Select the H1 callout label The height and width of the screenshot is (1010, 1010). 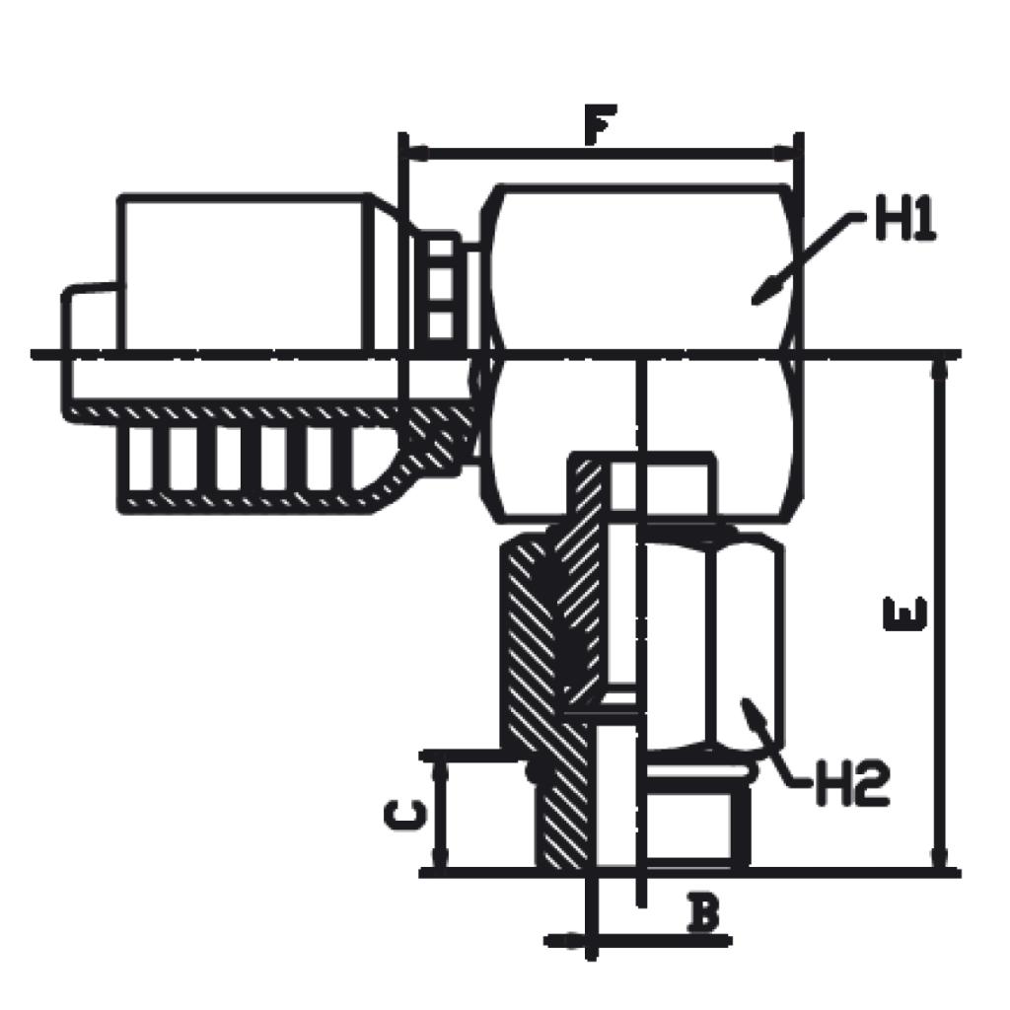904,224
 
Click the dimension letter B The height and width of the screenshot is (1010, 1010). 702,914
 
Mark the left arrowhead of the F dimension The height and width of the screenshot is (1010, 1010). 416,154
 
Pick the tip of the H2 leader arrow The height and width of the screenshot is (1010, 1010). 748,704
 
